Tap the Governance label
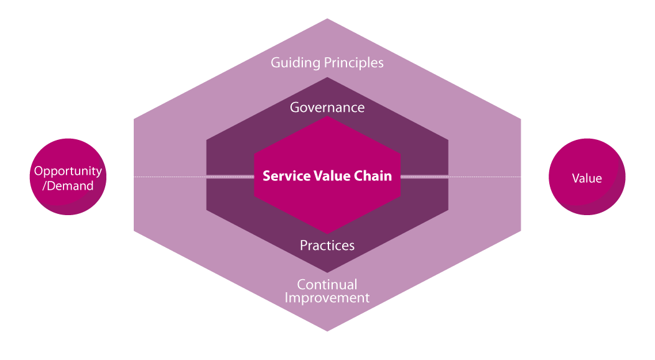coord(327,108)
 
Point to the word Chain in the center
coord(373,176)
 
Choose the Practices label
coord(327,246)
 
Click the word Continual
coord(327,285)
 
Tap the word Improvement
coord(327,298)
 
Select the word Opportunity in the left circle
coord(68,171)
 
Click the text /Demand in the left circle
coord(68,185)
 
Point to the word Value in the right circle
coord(587,178)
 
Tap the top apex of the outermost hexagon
coord(327,19)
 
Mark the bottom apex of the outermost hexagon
coord(327,331)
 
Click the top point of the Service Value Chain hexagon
coord(327,118)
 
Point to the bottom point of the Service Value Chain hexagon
coord(327,234)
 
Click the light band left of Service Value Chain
coord(230,177)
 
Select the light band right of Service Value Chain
coord(424,177)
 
